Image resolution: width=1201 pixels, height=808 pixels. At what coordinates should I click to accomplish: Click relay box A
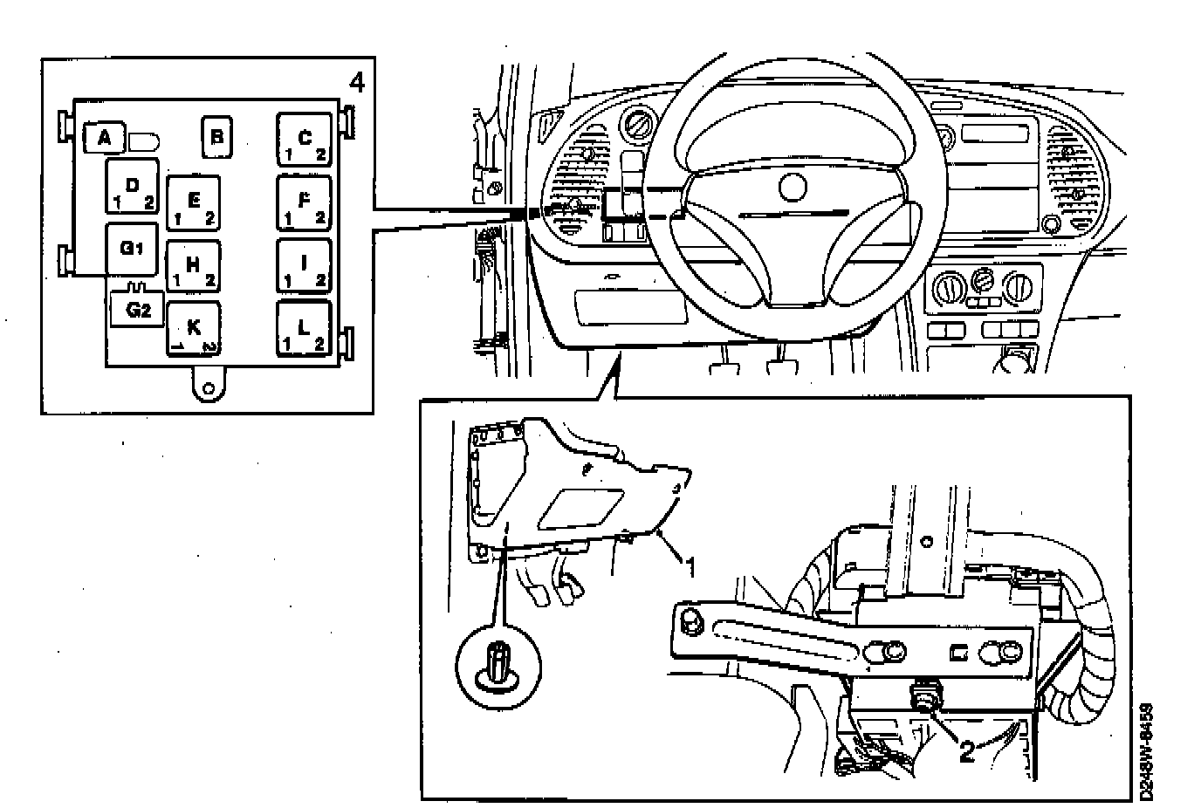[105, 137]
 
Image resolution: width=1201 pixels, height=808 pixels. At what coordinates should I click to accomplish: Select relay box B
[216, 137]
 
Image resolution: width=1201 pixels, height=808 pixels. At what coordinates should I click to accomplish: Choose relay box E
[194, 203]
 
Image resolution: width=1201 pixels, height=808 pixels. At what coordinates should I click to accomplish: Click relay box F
[305, 203]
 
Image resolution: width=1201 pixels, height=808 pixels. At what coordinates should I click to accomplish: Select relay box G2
[138, 309]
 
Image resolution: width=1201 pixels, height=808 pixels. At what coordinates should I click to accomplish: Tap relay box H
[194, 266]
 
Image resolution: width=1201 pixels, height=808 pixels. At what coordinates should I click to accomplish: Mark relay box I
[305, 266]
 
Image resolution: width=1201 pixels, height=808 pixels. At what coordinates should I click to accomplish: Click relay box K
[194, 330]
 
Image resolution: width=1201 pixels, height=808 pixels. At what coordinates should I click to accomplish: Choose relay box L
[305, 330]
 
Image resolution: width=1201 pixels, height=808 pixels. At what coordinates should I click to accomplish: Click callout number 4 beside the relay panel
[356, 83]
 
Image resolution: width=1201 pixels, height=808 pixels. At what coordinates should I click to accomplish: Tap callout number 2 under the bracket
[966, 750]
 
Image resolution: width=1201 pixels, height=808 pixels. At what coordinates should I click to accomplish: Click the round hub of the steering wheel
[793, 187]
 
